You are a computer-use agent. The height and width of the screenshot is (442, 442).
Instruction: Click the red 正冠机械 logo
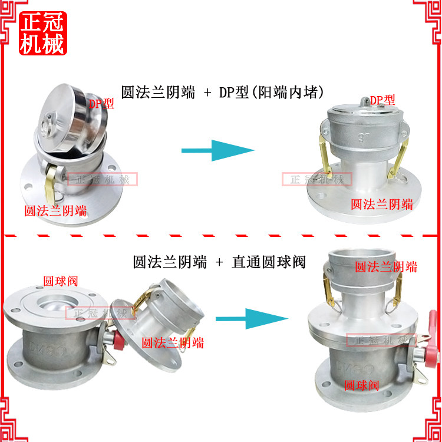click(42, 34)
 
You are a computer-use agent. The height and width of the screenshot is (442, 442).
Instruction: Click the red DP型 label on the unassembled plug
click(101, 104)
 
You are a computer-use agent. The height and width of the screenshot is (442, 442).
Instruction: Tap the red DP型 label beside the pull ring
click(382, 100)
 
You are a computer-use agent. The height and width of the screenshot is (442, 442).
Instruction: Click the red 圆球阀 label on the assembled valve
click(362, 385)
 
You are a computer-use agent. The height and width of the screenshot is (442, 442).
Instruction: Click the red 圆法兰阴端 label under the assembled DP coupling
click(382, 204)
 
